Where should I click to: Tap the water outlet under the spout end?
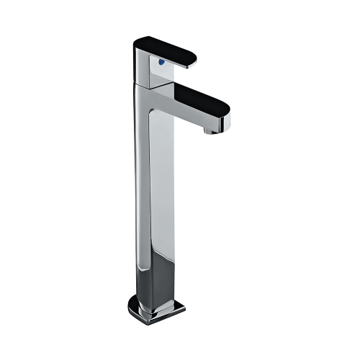tap(214, 130)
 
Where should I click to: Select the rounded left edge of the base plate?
tap(132, 308)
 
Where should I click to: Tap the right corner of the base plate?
tap(184, 308)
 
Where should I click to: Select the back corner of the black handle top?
tap(137, 43)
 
